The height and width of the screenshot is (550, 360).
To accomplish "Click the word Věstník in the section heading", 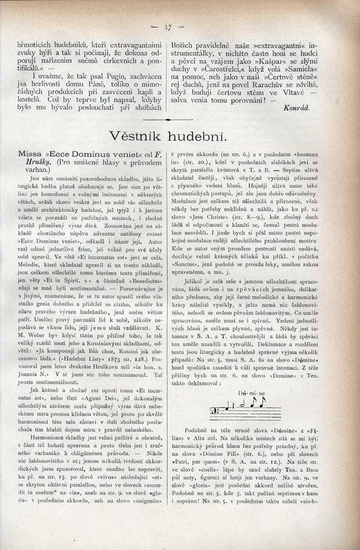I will tap(136, 135).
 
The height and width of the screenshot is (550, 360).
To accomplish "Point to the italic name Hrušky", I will tap(39, 162).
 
